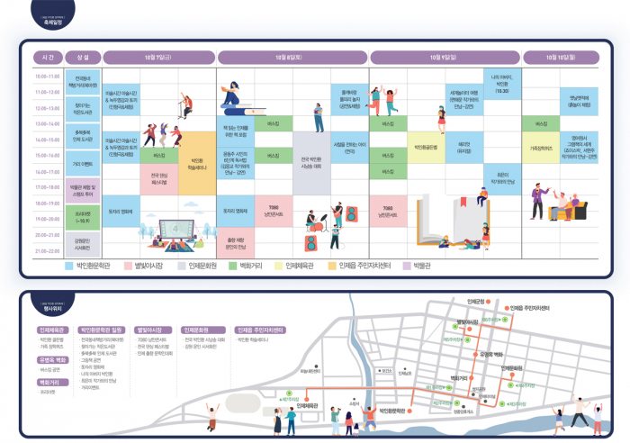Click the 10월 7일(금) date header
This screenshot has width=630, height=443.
(x=159, y=57)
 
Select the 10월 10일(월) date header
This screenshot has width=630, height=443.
(x=561, y=57)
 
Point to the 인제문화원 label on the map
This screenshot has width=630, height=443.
(x=510, y=368)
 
